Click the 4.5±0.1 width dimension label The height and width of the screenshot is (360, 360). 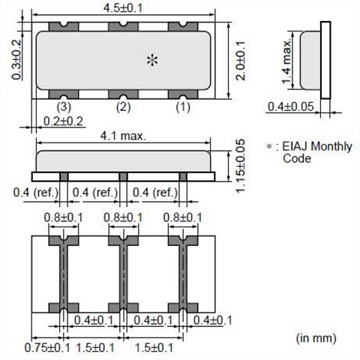tap(123, 8)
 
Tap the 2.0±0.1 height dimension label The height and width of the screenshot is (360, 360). tap(241, 61)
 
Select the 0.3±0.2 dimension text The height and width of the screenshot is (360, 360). tap(16, 59)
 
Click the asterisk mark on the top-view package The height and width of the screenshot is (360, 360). tap(152, 60)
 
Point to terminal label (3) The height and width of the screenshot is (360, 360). tap(64, 107)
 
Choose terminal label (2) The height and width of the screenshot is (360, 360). tap(124, 107)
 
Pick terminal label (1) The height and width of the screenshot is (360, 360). tap(183, 107)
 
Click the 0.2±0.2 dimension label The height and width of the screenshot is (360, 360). tap(63, 121)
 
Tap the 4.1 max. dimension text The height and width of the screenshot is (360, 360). tap(123, 136)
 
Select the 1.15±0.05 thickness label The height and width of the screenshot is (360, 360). tap(241, 166)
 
